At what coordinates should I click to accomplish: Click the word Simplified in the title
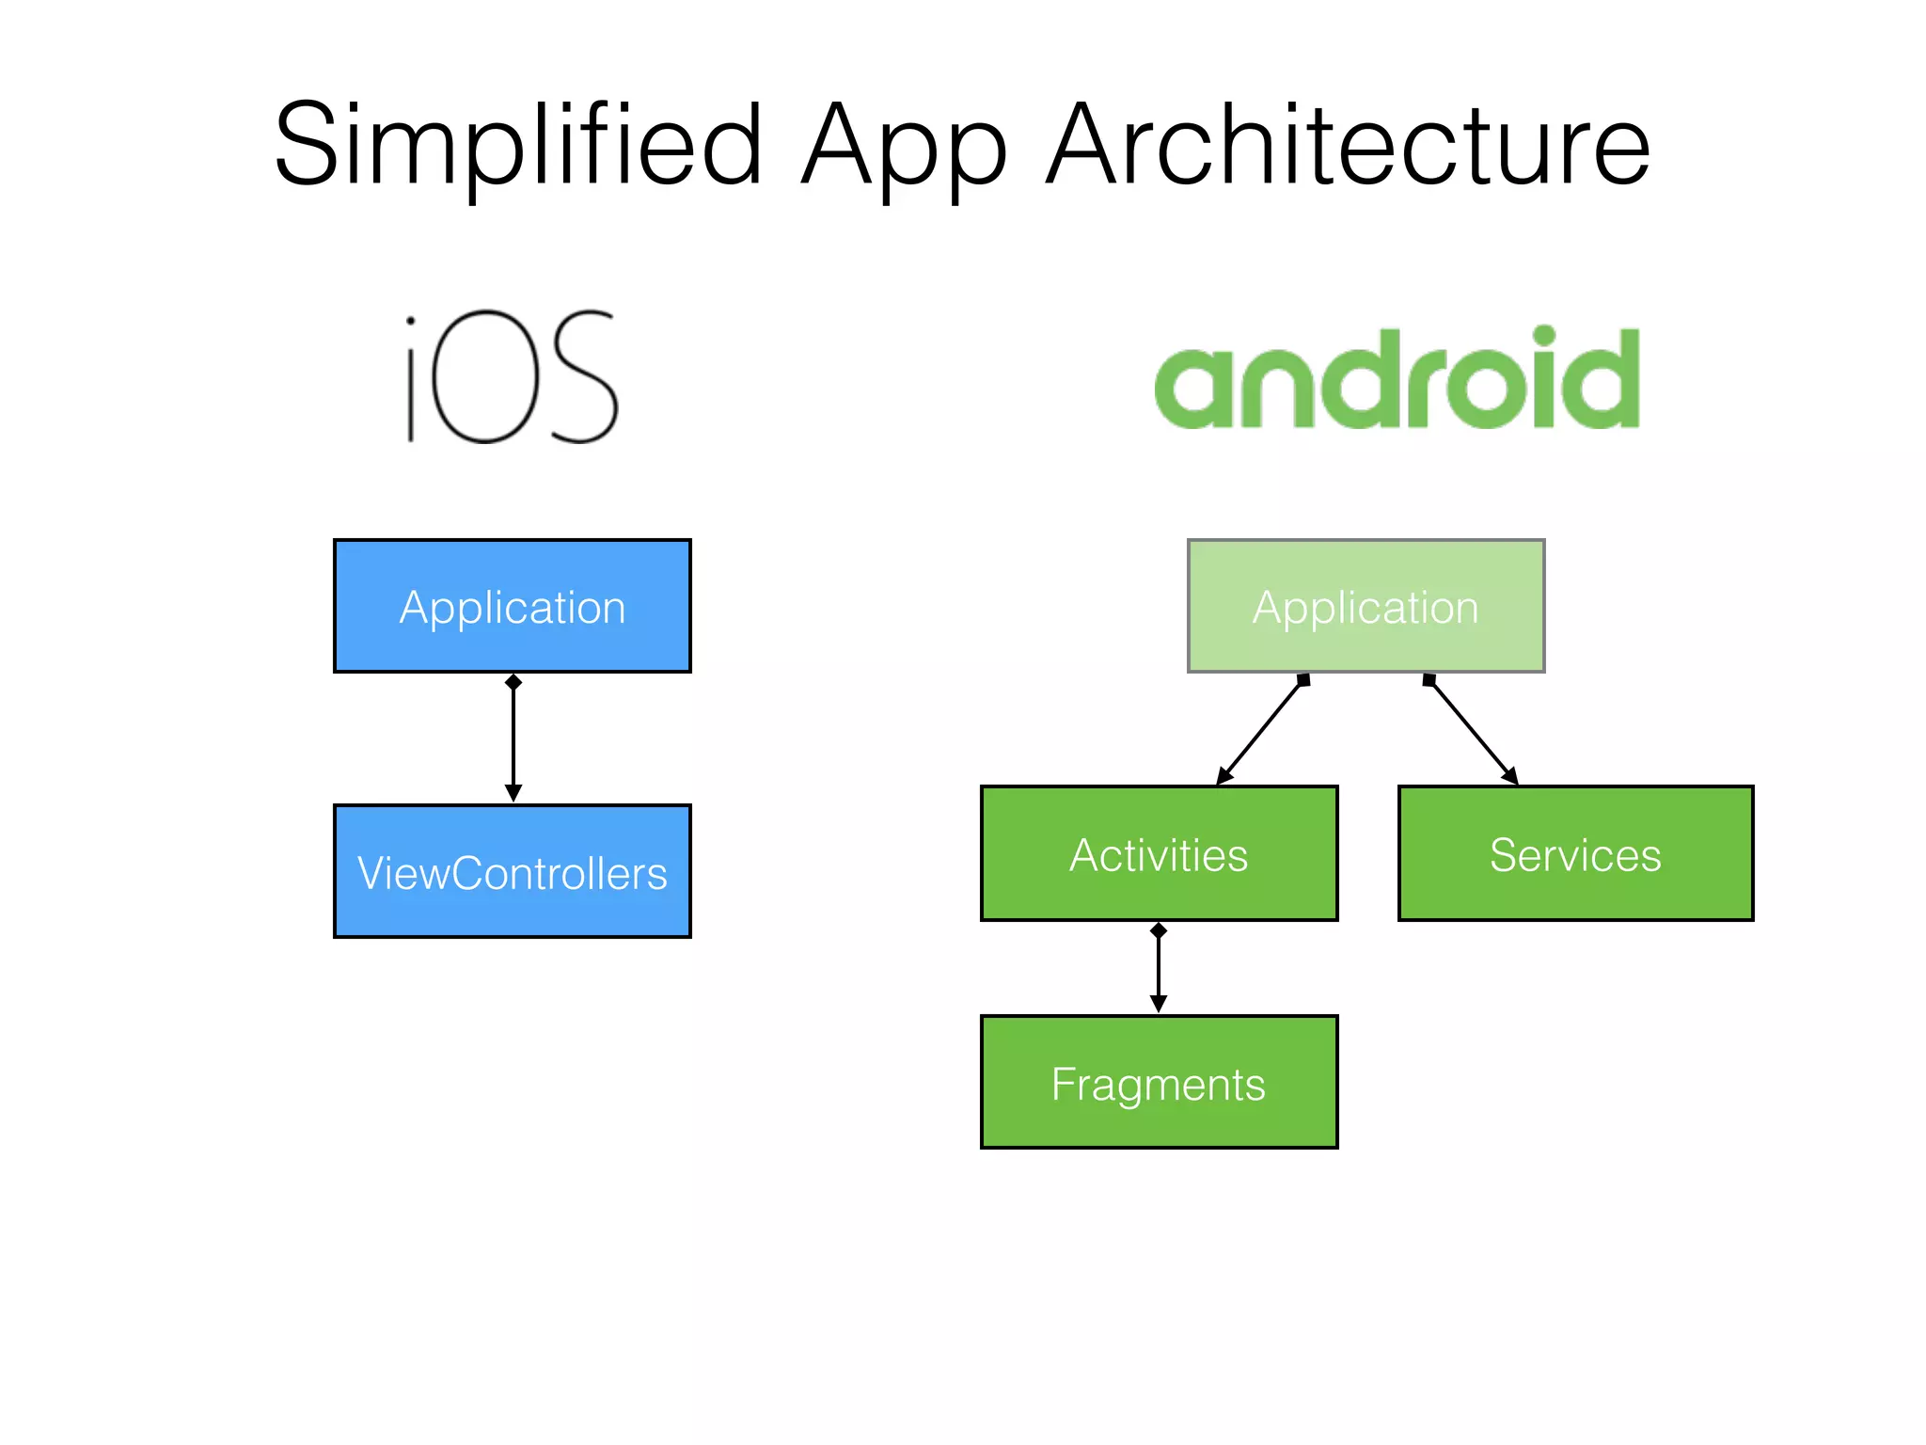(x=517, y=146)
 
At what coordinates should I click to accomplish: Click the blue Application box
(x=513, y=606)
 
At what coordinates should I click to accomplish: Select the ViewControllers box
(x=513, y=871)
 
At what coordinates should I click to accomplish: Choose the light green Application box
(x=1366, y=606)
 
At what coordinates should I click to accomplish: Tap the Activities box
(x=1159, y=853)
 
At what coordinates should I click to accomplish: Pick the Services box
(x=1575, y=853)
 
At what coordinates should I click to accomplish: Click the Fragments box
(x=1159, y=1082)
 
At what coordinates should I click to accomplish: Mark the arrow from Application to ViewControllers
(x=513, y=738)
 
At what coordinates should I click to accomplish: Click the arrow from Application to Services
(x=1472, y=730)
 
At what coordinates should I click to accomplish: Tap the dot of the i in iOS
(x=411, y=322)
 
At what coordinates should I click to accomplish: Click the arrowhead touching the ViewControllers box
(x=513, y=794)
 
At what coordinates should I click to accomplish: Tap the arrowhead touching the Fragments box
(x=1159, y=1005)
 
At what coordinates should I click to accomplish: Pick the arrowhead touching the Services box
(x=1509, y=775)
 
